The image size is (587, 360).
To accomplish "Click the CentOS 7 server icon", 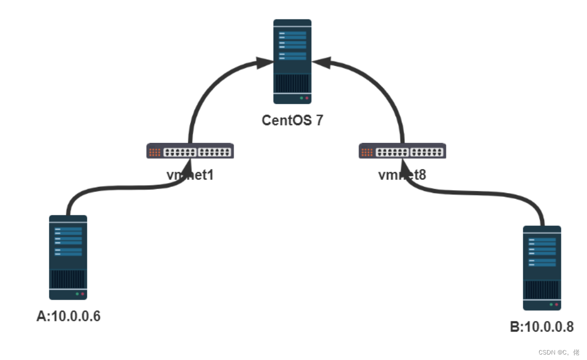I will tap(292, 61).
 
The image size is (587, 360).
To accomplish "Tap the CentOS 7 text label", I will tap(292, 120).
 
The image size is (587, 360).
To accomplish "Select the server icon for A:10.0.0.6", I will tap(68, 257).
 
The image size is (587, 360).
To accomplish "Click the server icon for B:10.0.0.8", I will tap(542, 268).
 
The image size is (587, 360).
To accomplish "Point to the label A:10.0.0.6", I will tap(68, 316).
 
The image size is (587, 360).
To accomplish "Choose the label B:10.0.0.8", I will tap(542, 327).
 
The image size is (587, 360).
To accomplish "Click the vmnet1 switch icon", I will tap(190, 151).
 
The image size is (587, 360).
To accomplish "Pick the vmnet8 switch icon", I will tap(402, 151).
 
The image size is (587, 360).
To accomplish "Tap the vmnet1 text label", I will tap(190, 175).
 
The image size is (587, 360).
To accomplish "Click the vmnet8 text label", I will tap(402, 175).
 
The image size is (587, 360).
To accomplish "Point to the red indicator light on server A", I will tap(82, 294).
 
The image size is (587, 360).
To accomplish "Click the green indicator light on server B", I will tap(551, 304).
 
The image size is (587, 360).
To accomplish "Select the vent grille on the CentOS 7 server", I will tap(292, 82).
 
